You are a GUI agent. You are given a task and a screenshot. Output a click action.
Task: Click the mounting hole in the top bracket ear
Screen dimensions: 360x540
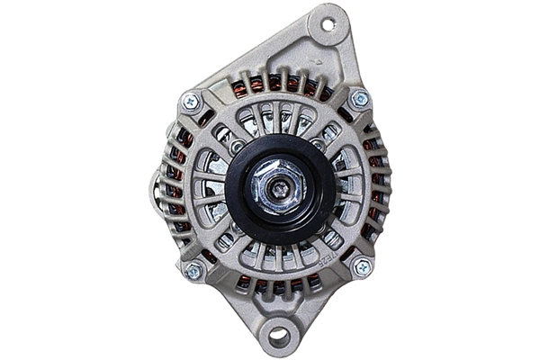pos(328,24)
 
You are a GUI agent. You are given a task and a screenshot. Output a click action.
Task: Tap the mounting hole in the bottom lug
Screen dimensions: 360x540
pos(279,337)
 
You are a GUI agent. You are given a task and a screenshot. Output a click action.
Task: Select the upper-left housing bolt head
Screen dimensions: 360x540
pos(191,102)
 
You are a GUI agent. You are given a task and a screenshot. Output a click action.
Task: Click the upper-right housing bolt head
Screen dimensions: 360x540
pos(359,99)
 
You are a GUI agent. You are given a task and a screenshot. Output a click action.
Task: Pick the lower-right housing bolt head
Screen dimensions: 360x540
pos(362,267)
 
